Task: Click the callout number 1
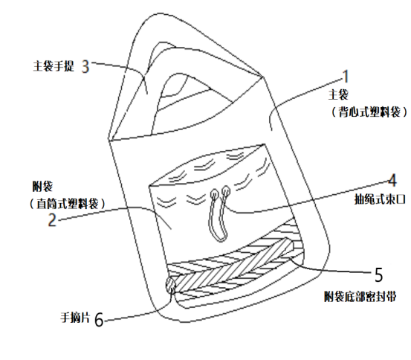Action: pos(346,77)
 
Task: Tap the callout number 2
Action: pos(53,220)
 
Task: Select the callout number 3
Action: pos(85,66)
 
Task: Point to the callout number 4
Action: pos(392,180)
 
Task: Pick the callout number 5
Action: pos(379,275)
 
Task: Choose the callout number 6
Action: pos(99,320)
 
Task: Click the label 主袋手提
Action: pos(54,66)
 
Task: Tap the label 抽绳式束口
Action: pos(380,199)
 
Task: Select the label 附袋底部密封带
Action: pos(360,297)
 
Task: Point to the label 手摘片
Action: pos(76,318)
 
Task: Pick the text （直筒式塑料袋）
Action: pos(68,203)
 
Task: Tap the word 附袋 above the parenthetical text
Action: pos(42,187)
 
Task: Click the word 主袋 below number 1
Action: pos(338,94)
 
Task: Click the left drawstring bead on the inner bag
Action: pos(214,194)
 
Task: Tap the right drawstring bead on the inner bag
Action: pos(226,190)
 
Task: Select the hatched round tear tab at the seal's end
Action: pos(171,285)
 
